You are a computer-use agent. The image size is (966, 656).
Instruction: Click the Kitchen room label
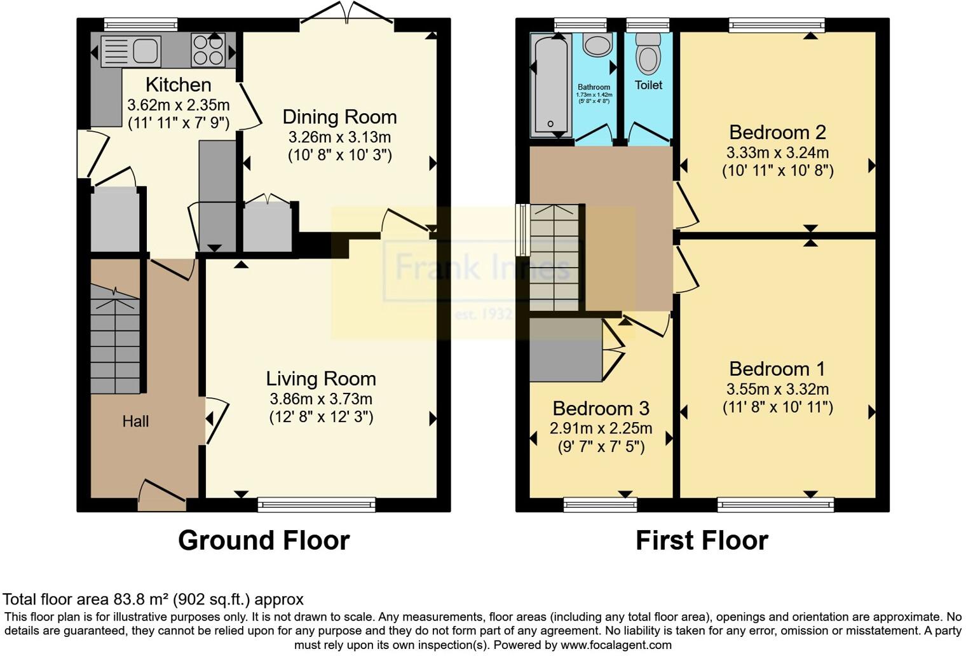178,85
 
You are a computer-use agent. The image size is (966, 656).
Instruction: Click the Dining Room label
339,117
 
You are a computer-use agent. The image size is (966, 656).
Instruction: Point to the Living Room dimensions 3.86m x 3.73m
321,399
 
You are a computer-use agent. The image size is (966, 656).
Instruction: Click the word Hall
135,421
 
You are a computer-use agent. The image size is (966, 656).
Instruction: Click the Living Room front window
316,505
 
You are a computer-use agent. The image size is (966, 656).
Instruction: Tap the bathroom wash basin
597,46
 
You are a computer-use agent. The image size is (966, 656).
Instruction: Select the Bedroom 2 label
777,132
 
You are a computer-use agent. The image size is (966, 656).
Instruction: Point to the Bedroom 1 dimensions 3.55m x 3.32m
777,389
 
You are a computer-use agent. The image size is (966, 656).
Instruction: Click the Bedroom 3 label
601,408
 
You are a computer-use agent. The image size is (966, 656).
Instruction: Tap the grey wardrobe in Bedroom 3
566,350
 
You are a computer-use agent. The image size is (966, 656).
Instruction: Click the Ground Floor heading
264,540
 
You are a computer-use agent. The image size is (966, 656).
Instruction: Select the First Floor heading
702,540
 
